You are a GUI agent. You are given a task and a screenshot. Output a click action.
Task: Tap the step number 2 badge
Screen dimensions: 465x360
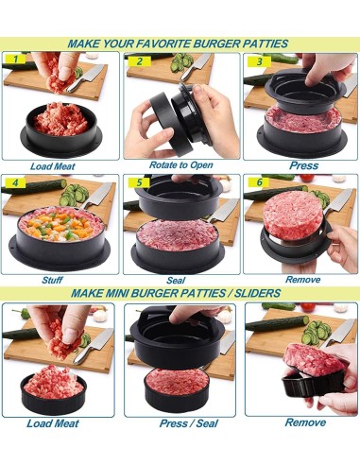pyautogui.click(x=139, y=61)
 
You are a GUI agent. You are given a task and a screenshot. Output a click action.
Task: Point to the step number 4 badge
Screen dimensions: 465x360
pyautogui.click(x=15, y=182)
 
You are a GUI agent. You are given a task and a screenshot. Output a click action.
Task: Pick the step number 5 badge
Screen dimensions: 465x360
pyautogui.click(x=139, y=183)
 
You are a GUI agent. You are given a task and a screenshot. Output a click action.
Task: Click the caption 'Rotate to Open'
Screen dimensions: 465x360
pyautogui.click(x=178, y=165)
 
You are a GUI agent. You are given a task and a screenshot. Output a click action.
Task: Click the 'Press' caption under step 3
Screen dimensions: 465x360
pyautogui.click(x=301, y=164)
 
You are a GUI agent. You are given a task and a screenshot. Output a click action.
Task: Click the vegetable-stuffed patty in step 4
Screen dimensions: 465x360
pyautogui.click(x=59, y=229)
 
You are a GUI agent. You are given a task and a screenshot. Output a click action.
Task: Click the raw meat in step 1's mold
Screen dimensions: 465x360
pyautogui.click(x=61, y=120)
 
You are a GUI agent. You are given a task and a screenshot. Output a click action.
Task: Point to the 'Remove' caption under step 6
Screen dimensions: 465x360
pyautogui.click(x=303, y=280)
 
